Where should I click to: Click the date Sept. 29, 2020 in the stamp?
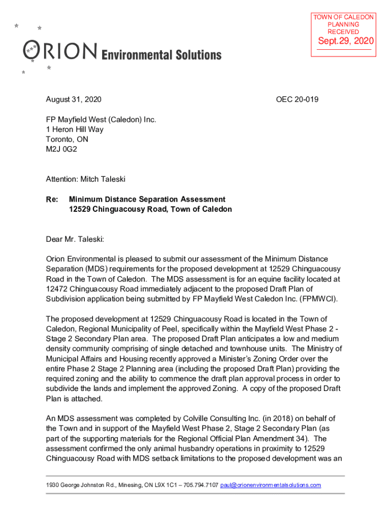(x=345, y=41)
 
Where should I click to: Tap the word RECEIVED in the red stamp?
(x=343, y=32)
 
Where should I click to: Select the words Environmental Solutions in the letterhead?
(x=162, y=55)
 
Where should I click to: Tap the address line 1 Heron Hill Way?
(x=75, y=129)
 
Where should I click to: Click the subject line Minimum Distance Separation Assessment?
(x=147, y=200)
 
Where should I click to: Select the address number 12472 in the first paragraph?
(x=56, y=289)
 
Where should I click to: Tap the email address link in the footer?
(x=271, y=485)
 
